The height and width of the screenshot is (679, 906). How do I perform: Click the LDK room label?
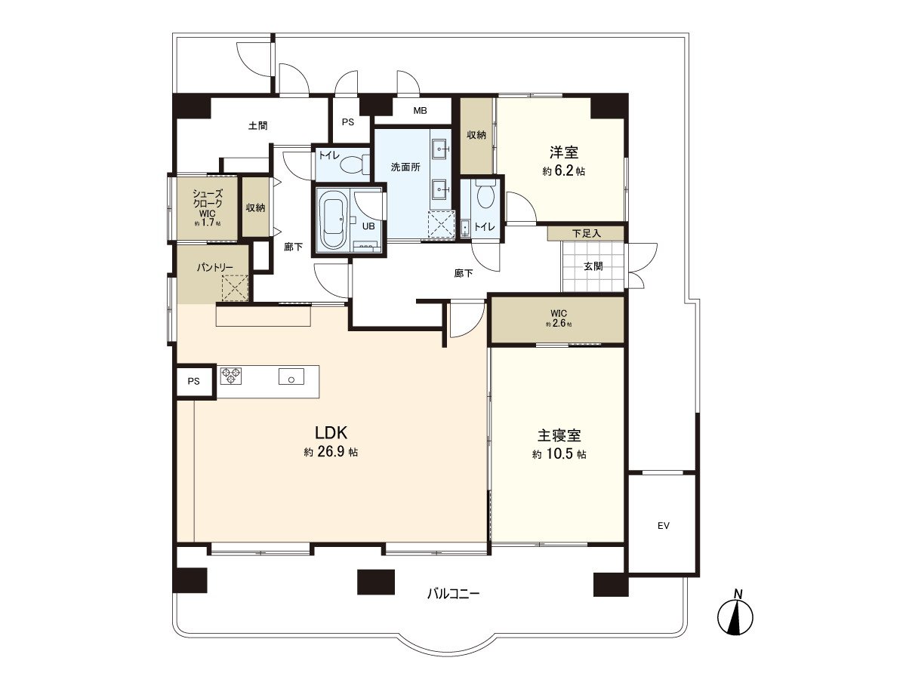pyautogui.click(x=331, y=433)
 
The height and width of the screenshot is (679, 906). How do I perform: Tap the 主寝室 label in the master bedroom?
pyautogui.click(x=559, y=436)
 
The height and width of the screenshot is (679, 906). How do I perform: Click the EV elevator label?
pyautogui.click(x=663, y=526)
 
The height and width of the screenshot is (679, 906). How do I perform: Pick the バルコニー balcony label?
pyautogui.click(x=453, y=594)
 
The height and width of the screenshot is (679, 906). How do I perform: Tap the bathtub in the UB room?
pyautogui.click(x=333, y=220)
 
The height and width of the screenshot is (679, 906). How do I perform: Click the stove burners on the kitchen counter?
pyautogui.click(x=230, y=375)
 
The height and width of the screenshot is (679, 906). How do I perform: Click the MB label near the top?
pyautogui.click(x=420, y=111)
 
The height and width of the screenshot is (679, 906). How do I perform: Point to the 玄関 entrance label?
pyautogui.click(x=593, y=266)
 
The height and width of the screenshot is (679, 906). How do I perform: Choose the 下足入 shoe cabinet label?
pyautogui.click(x=586, y=233)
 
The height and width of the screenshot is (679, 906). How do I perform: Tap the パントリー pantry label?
pyautogui.click(x=214, y=268)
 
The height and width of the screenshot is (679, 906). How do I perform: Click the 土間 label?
pyautogui.click(x=257, y=126)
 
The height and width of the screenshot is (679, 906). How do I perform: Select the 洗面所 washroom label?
pyautogui.click(x=405, y=167)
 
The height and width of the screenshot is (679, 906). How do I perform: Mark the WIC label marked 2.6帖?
pyautogui.click(x=559, y=313)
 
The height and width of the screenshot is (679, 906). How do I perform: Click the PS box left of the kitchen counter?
pyautogui.click(x=194, y=381)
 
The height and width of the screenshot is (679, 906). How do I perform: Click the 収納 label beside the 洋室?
pyautogui.click(x=476, y=134)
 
